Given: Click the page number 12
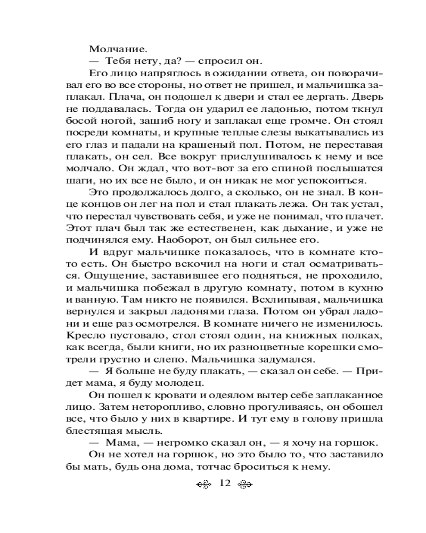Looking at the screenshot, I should [x=224, y=484].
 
